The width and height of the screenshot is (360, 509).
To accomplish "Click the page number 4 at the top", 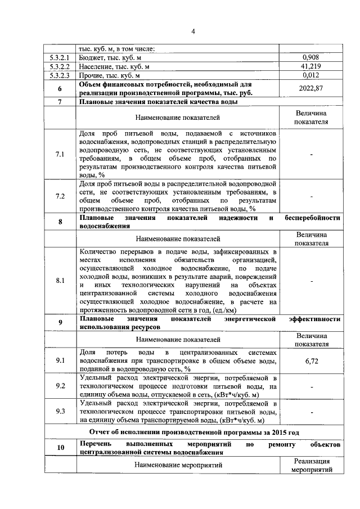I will tap(192, 30).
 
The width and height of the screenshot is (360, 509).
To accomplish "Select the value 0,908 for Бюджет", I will tap(311, 57).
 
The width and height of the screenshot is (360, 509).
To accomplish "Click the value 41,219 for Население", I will tap(311, 66).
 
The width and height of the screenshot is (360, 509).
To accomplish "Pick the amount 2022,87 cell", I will tap(311, 88).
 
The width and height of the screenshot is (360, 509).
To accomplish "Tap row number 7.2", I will tap(60, 196).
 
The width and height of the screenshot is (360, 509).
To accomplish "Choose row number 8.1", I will tap(60, 280).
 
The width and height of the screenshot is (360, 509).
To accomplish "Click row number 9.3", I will tap(60, 412).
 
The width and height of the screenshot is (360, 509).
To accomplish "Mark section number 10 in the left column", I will tap(60, 448).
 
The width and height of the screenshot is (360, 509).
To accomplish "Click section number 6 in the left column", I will tap(60, 88).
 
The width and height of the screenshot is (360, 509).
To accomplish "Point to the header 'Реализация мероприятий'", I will tap(311, 465).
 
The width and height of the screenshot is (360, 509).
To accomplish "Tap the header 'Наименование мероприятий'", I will tap(178, 465).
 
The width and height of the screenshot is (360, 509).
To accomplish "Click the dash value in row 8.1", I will tap(311, 280).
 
